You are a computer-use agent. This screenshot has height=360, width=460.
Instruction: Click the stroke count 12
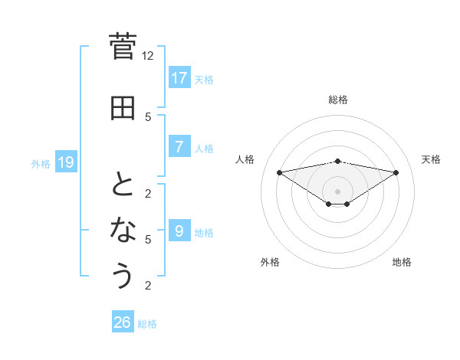pyautogui.click(x=148, y=56)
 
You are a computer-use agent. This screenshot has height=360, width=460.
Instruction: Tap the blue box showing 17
pyautogui.click(x=179, y=77)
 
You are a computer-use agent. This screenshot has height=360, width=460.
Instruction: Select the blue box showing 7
pyautogui.click(x=179, y=147)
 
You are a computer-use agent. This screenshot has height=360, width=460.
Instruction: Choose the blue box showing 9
pyautogui.click(x=179, y=231)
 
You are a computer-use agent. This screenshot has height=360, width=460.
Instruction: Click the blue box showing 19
pyautogui.click(x=65, y=162)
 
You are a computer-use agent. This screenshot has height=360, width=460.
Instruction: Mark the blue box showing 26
pyautogui.click(x=123, y=322)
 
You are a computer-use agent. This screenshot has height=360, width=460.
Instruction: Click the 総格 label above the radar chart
pyautogui.click(x=337, y=100)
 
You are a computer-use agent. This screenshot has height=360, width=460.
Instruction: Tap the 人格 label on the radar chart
pyautogui.click(x=245, y=159)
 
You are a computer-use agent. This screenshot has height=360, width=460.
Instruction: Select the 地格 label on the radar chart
pyautogui.click(x=402, y=262)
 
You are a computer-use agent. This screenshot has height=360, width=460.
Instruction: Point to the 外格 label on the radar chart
pyautogui.click(x=270, y=262)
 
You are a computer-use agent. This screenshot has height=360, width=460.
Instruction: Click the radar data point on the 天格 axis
pyautogui.click(x=396, y=172)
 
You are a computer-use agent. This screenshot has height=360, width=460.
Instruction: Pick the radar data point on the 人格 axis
pyautogui.click(x=279, y=172)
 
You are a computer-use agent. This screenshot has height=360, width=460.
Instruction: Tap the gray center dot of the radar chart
pyautogui.click(x=337, y=191)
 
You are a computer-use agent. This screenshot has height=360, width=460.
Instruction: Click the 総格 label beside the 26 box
pyautogui.click(x=147, y=324)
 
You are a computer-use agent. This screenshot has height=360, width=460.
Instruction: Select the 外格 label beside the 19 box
pyautogui.click(x=41, y=163)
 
